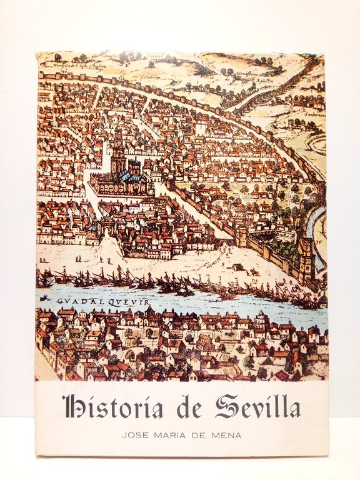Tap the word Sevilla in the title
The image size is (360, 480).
257,407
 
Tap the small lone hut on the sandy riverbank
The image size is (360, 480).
237,266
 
